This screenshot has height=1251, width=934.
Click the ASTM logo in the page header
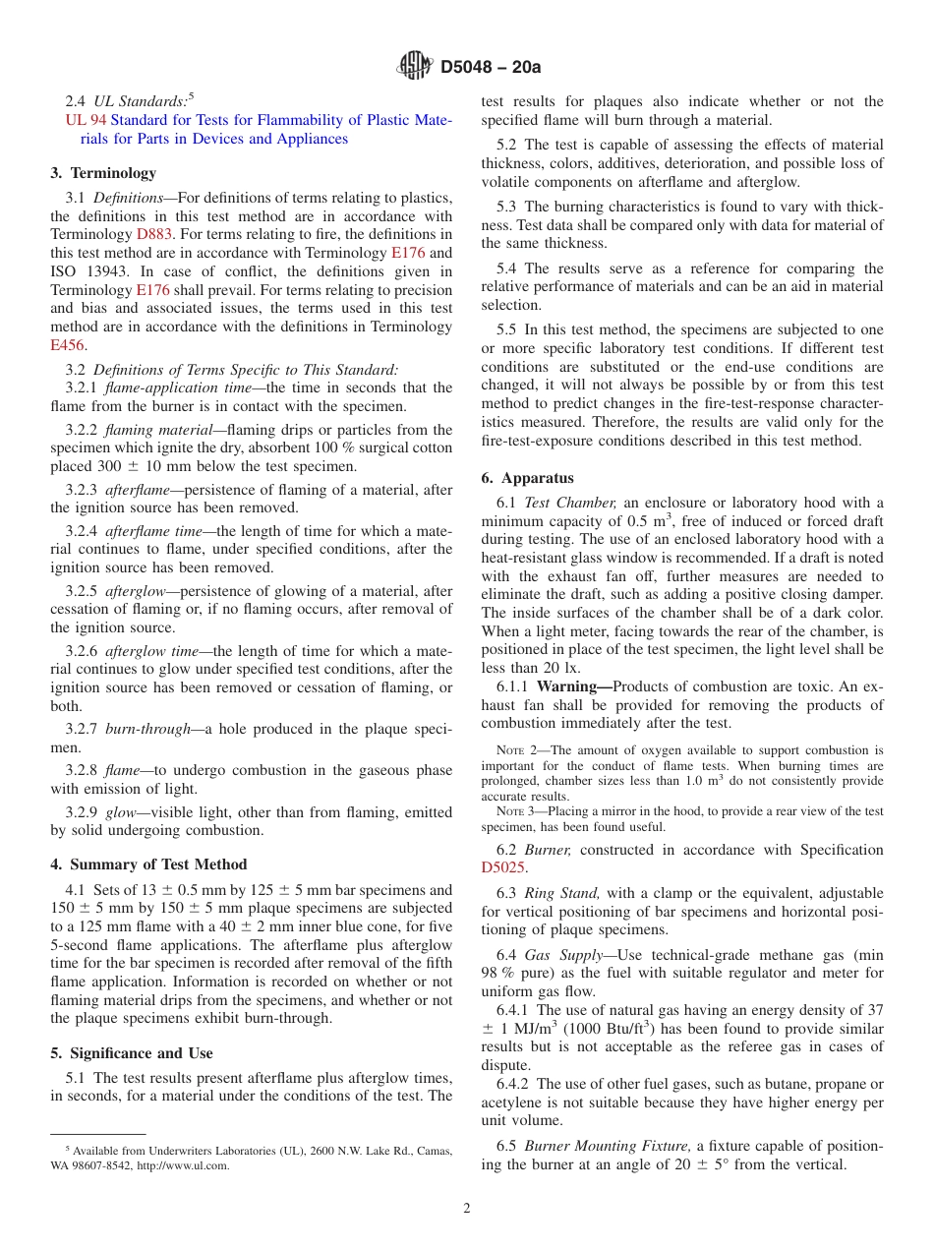pos(414,67)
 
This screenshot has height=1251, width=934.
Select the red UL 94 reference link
pos(79,120)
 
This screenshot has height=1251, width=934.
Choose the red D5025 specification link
pos(503,867)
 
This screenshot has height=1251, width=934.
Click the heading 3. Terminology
pos(103,173)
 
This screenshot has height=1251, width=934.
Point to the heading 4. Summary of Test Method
pos(148,864)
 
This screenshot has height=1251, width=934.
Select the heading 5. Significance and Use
pos(132,1053)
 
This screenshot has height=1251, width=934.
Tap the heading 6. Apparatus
pos(527,478)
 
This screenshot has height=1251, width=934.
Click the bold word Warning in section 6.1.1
pos(570,686)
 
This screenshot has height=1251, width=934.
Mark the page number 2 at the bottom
pos(467,1209)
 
